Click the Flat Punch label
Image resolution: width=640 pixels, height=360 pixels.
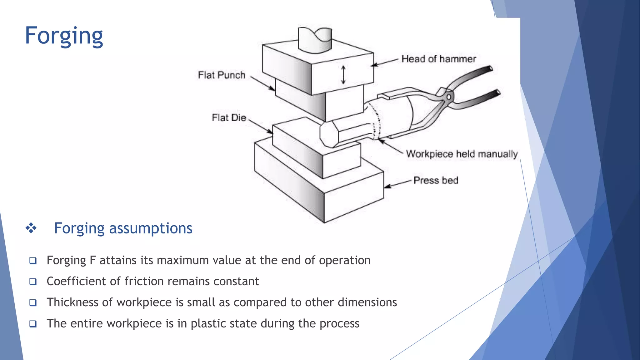[222, 75]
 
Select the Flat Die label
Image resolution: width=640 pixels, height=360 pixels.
[229, 118]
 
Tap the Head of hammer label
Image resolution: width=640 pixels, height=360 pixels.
[438, 59]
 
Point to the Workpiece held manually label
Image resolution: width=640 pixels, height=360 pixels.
[462, 154]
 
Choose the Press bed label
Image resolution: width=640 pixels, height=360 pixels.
[436, 181]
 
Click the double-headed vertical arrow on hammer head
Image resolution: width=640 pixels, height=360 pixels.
[343, 75]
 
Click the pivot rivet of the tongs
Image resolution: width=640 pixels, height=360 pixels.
[449, 97]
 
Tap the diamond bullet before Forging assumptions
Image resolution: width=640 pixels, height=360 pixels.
[31, 228]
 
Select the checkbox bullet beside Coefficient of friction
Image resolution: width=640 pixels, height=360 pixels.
[33, 282]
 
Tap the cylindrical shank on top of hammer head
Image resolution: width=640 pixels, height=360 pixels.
[315, 40]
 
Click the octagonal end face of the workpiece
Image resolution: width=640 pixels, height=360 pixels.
[328, 134]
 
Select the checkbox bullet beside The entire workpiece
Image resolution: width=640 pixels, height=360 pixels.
[33, 324]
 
